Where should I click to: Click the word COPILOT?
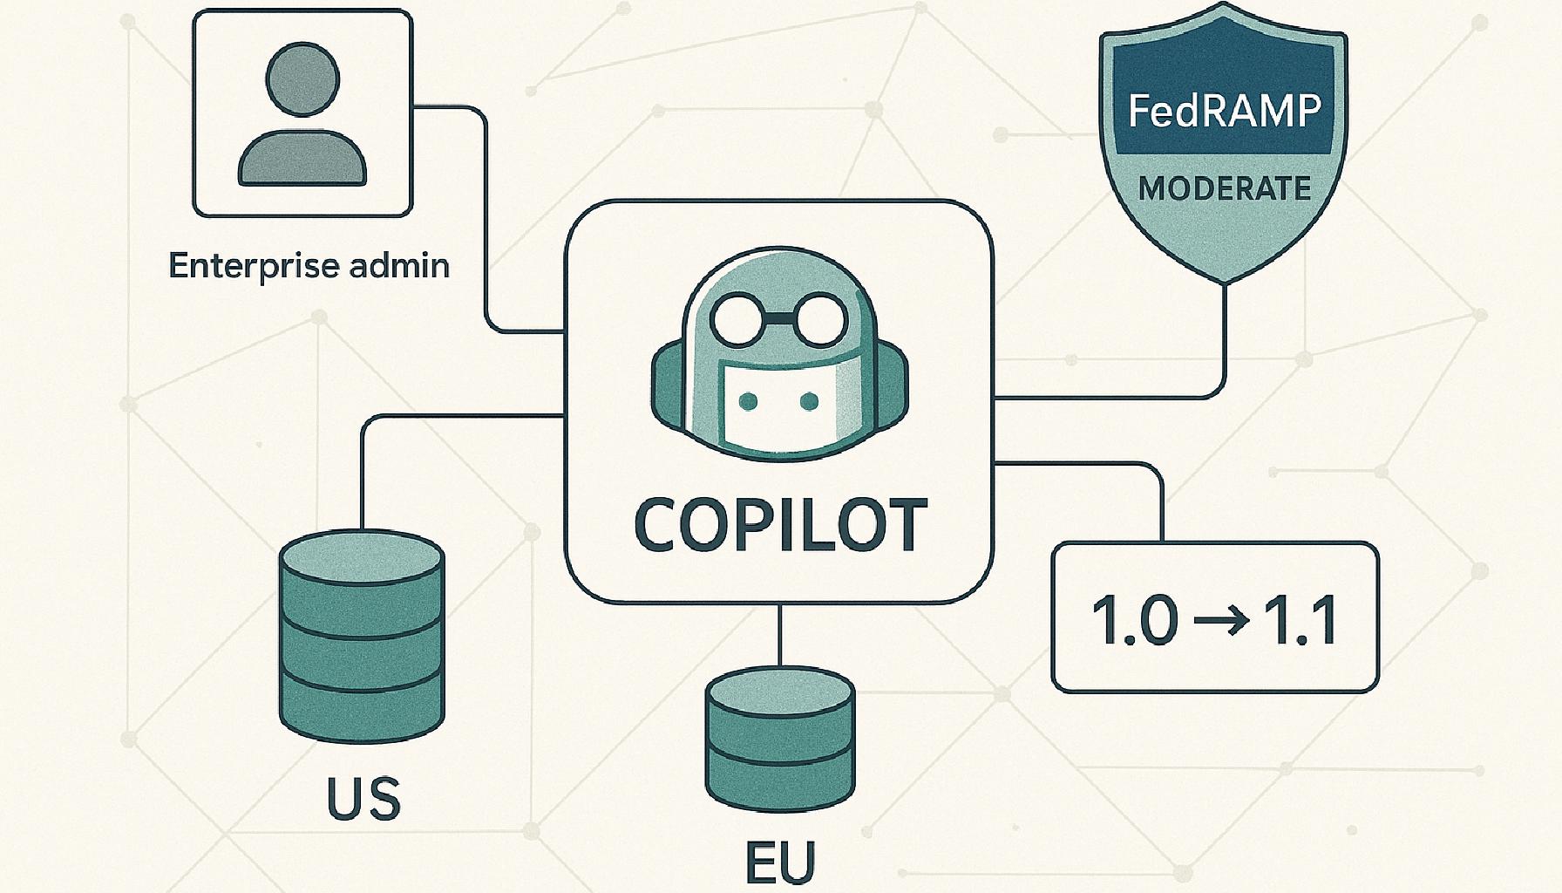pos(779,525)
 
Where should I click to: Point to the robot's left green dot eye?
pos(747,402)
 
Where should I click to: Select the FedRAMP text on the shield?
pos(1224,111)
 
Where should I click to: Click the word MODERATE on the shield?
pos(1224,188)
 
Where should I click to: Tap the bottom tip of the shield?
pos(1226,281)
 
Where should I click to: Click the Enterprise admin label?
pos(309,265)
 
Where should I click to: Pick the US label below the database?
pos(363,798)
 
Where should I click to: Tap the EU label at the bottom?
pos(780,862)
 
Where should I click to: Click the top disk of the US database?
pos(362,558)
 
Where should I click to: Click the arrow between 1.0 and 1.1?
pos(1223,621)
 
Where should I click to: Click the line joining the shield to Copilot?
pos(1225,349)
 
